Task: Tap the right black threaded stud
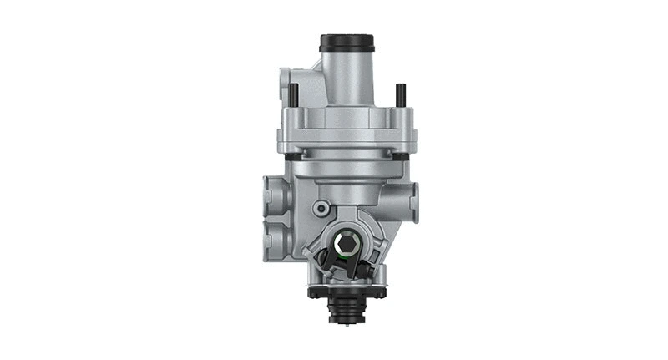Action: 400,94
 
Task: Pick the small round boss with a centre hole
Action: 321,207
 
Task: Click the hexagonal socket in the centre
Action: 348,244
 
